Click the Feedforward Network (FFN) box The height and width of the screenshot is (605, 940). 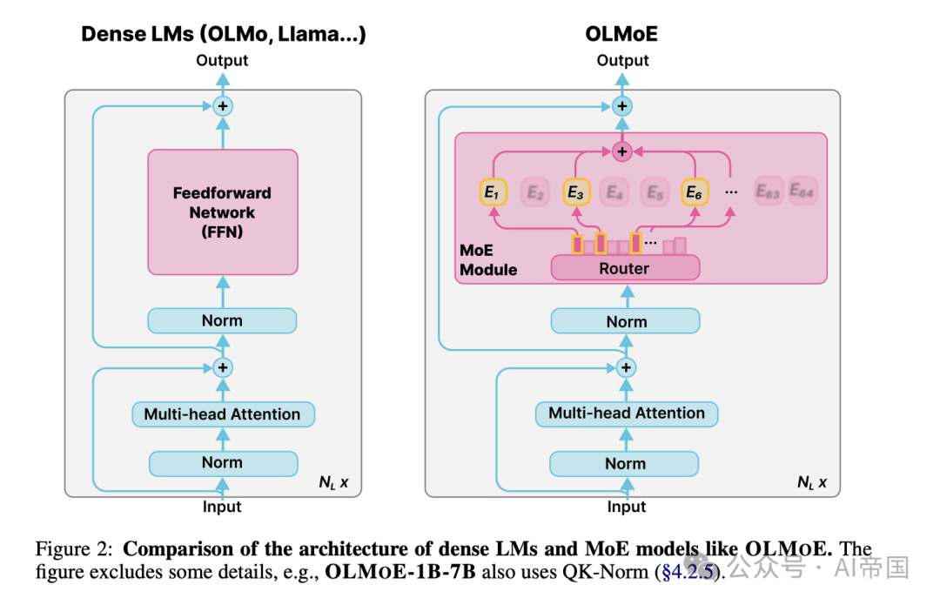(x=223, y=212)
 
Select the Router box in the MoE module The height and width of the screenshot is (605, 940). (x=624, y=268)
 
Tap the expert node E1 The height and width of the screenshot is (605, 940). (x=493, y=193)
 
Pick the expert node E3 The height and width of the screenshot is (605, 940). (x=574, y=193)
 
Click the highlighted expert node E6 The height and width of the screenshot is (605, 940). (x=694, y=193)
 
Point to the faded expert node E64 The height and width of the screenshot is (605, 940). (x=802, y=192)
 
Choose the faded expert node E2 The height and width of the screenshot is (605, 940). (x=534, y=193)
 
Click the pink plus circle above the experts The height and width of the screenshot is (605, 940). (x=621, y=152)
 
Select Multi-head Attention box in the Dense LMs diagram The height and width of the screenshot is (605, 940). (x=222, y=414)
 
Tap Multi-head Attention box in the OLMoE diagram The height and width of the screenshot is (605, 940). (x=627, y=413)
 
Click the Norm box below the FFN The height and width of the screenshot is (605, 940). (x=222, y=320)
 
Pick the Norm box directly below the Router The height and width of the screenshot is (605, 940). (x=626, y=321)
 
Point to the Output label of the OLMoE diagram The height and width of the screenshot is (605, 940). (x=623, y=60)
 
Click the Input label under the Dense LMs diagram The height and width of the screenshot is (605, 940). (x=222, y=506)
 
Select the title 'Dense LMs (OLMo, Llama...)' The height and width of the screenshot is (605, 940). (x=223, y=35)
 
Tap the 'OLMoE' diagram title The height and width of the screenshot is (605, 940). (x=621, y=35)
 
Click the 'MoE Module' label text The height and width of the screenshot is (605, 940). (x=488, y=260)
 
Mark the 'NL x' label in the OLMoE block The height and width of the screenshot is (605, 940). (x=812, y=481)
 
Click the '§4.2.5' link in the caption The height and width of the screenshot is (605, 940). (x=690, y=572)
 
